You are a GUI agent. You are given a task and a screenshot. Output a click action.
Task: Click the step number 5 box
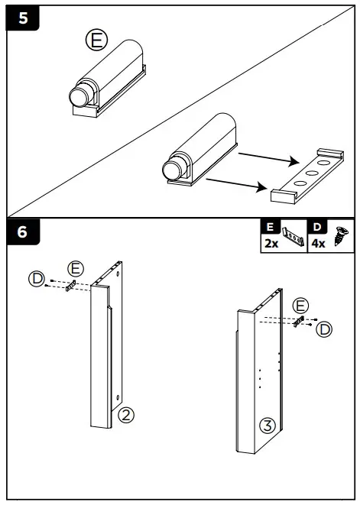point(23,18)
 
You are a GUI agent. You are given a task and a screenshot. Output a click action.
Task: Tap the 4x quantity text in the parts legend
point(317,244)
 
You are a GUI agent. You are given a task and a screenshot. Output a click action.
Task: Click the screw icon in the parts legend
point(340,236)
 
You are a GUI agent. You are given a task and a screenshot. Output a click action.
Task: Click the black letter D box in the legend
point(316,227)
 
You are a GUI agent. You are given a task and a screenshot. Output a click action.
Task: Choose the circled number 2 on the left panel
point(127,415)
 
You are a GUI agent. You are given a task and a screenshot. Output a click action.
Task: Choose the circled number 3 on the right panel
point(267,426)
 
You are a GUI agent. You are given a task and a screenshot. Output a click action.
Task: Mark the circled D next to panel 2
point(37,278)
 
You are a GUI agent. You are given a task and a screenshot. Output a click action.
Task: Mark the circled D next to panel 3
point(325,329)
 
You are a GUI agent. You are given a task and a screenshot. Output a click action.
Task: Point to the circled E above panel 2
point(75,267)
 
